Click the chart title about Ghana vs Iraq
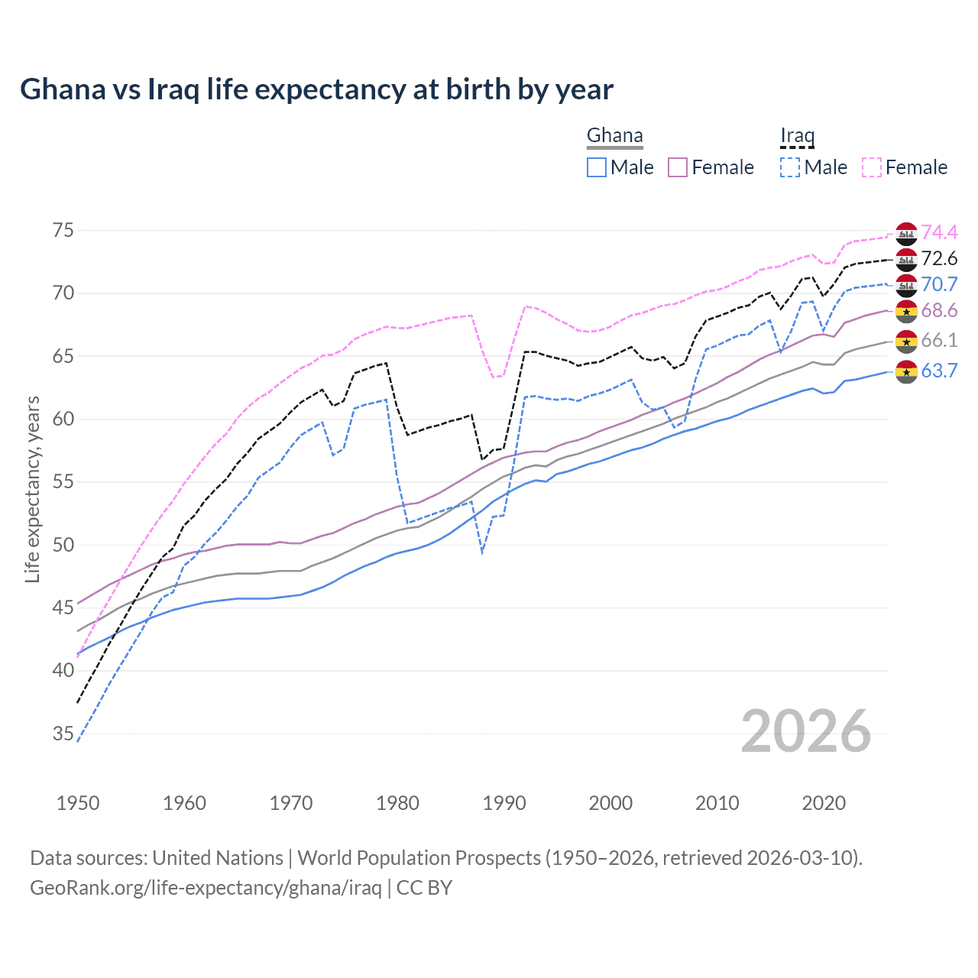(316, 89)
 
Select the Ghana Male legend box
(597, 167)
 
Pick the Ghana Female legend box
(678, 167)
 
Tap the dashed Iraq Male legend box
(790, 167)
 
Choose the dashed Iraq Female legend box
(872, 167)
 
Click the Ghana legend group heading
(614, 136)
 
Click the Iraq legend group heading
(797, 136)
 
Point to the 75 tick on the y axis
(63, 231)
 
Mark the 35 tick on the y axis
(63, 734)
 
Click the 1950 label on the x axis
(78, 803)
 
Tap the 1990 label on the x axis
(504, 803)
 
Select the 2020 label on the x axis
(824, 803)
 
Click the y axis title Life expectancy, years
(33, 489)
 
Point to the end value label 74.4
(939, 232)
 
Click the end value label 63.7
(939, 371)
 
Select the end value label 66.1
(939, 341)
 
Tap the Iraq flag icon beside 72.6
(906, 259)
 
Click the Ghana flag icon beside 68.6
(906, 311)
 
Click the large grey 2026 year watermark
(806, 732)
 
